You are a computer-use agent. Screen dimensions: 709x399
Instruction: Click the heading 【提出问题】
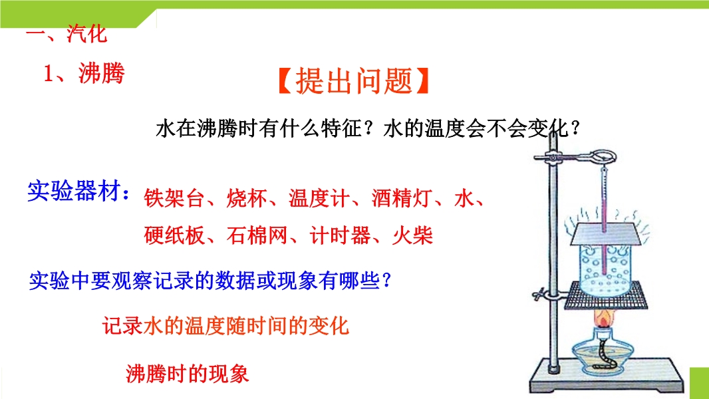(353, 81)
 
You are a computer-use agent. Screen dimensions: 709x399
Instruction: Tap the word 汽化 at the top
(87, 33)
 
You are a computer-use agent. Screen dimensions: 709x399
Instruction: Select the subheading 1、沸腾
(84, 73)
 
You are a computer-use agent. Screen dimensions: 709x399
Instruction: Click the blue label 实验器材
(74, 190)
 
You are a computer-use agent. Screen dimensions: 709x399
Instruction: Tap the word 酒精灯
(402, 198)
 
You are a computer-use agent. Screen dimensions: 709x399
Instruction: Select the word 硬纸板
(174, 235)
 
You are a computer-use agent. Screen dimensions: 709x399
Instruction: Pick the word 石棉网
(257, 235)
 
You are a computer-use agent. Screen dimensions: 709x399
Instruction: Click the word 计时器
(340, 235)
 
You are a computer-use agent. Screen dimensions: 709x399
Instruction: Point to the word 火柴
(412, 235)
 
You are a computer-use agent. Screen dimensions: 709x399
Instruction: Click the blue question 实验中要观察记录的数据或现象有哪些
(210, 281)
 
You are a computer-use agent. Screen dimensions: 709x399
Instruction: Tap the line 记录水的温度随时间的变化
(225, 326)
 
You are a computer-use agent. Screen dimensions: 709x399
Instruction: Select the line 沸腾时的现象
(187, 374)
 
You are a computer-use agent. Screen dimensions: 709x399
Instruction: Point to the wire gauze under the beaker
(606, 295)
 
